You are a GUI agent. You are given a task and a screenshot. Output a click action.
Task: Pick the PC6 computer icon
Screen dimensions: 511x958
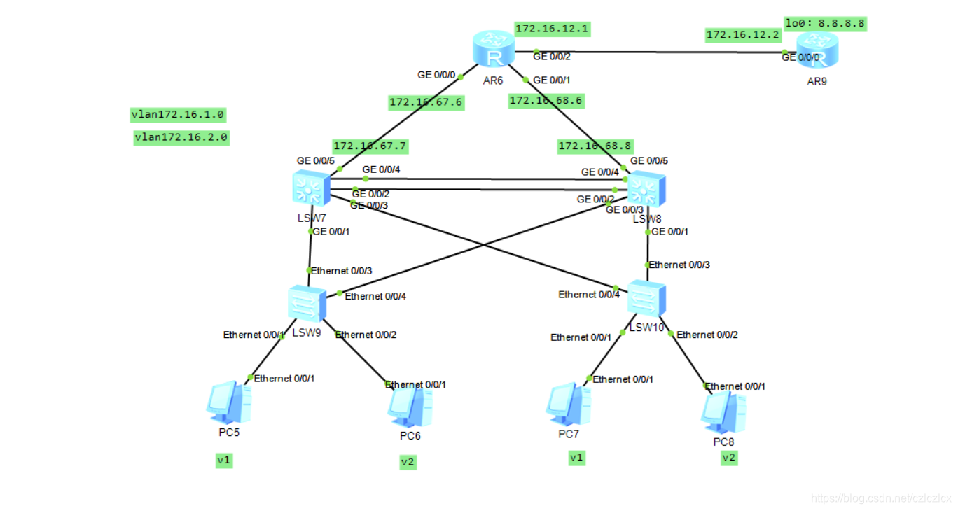[410, 407]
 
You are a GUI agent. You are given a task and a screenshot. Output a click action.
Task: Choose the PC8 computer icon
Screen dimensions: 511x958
[723, 412]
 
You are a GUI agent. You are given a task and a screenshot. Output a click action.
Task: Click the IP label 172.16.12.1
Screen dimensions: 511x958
[552, 29]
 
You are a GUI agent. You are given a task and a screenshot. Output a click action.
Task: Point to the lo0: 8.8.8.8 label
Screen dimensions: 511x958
[825, 23]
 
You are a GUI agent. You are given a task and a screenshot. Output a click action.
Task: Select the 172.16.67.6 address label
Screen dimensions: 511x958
[426, 102]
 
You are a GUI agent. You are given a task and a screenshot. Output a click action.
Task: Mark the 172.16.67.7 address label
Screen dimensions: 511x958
[370, 146]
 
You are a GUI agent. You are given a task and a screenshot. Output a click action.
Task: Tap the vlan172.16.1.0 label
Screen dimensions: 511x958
[178, 114]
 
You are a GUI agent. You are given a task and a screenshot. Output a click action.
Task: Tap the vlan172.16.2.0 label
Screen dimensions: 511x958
[181, 137]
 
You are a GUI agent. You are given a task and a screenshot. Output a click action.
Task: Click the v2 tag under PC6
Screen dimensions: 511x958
[408, 462]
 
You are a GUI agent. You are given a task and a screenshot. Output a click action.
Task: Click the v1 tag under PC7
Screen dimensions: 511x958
[576, 458]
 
